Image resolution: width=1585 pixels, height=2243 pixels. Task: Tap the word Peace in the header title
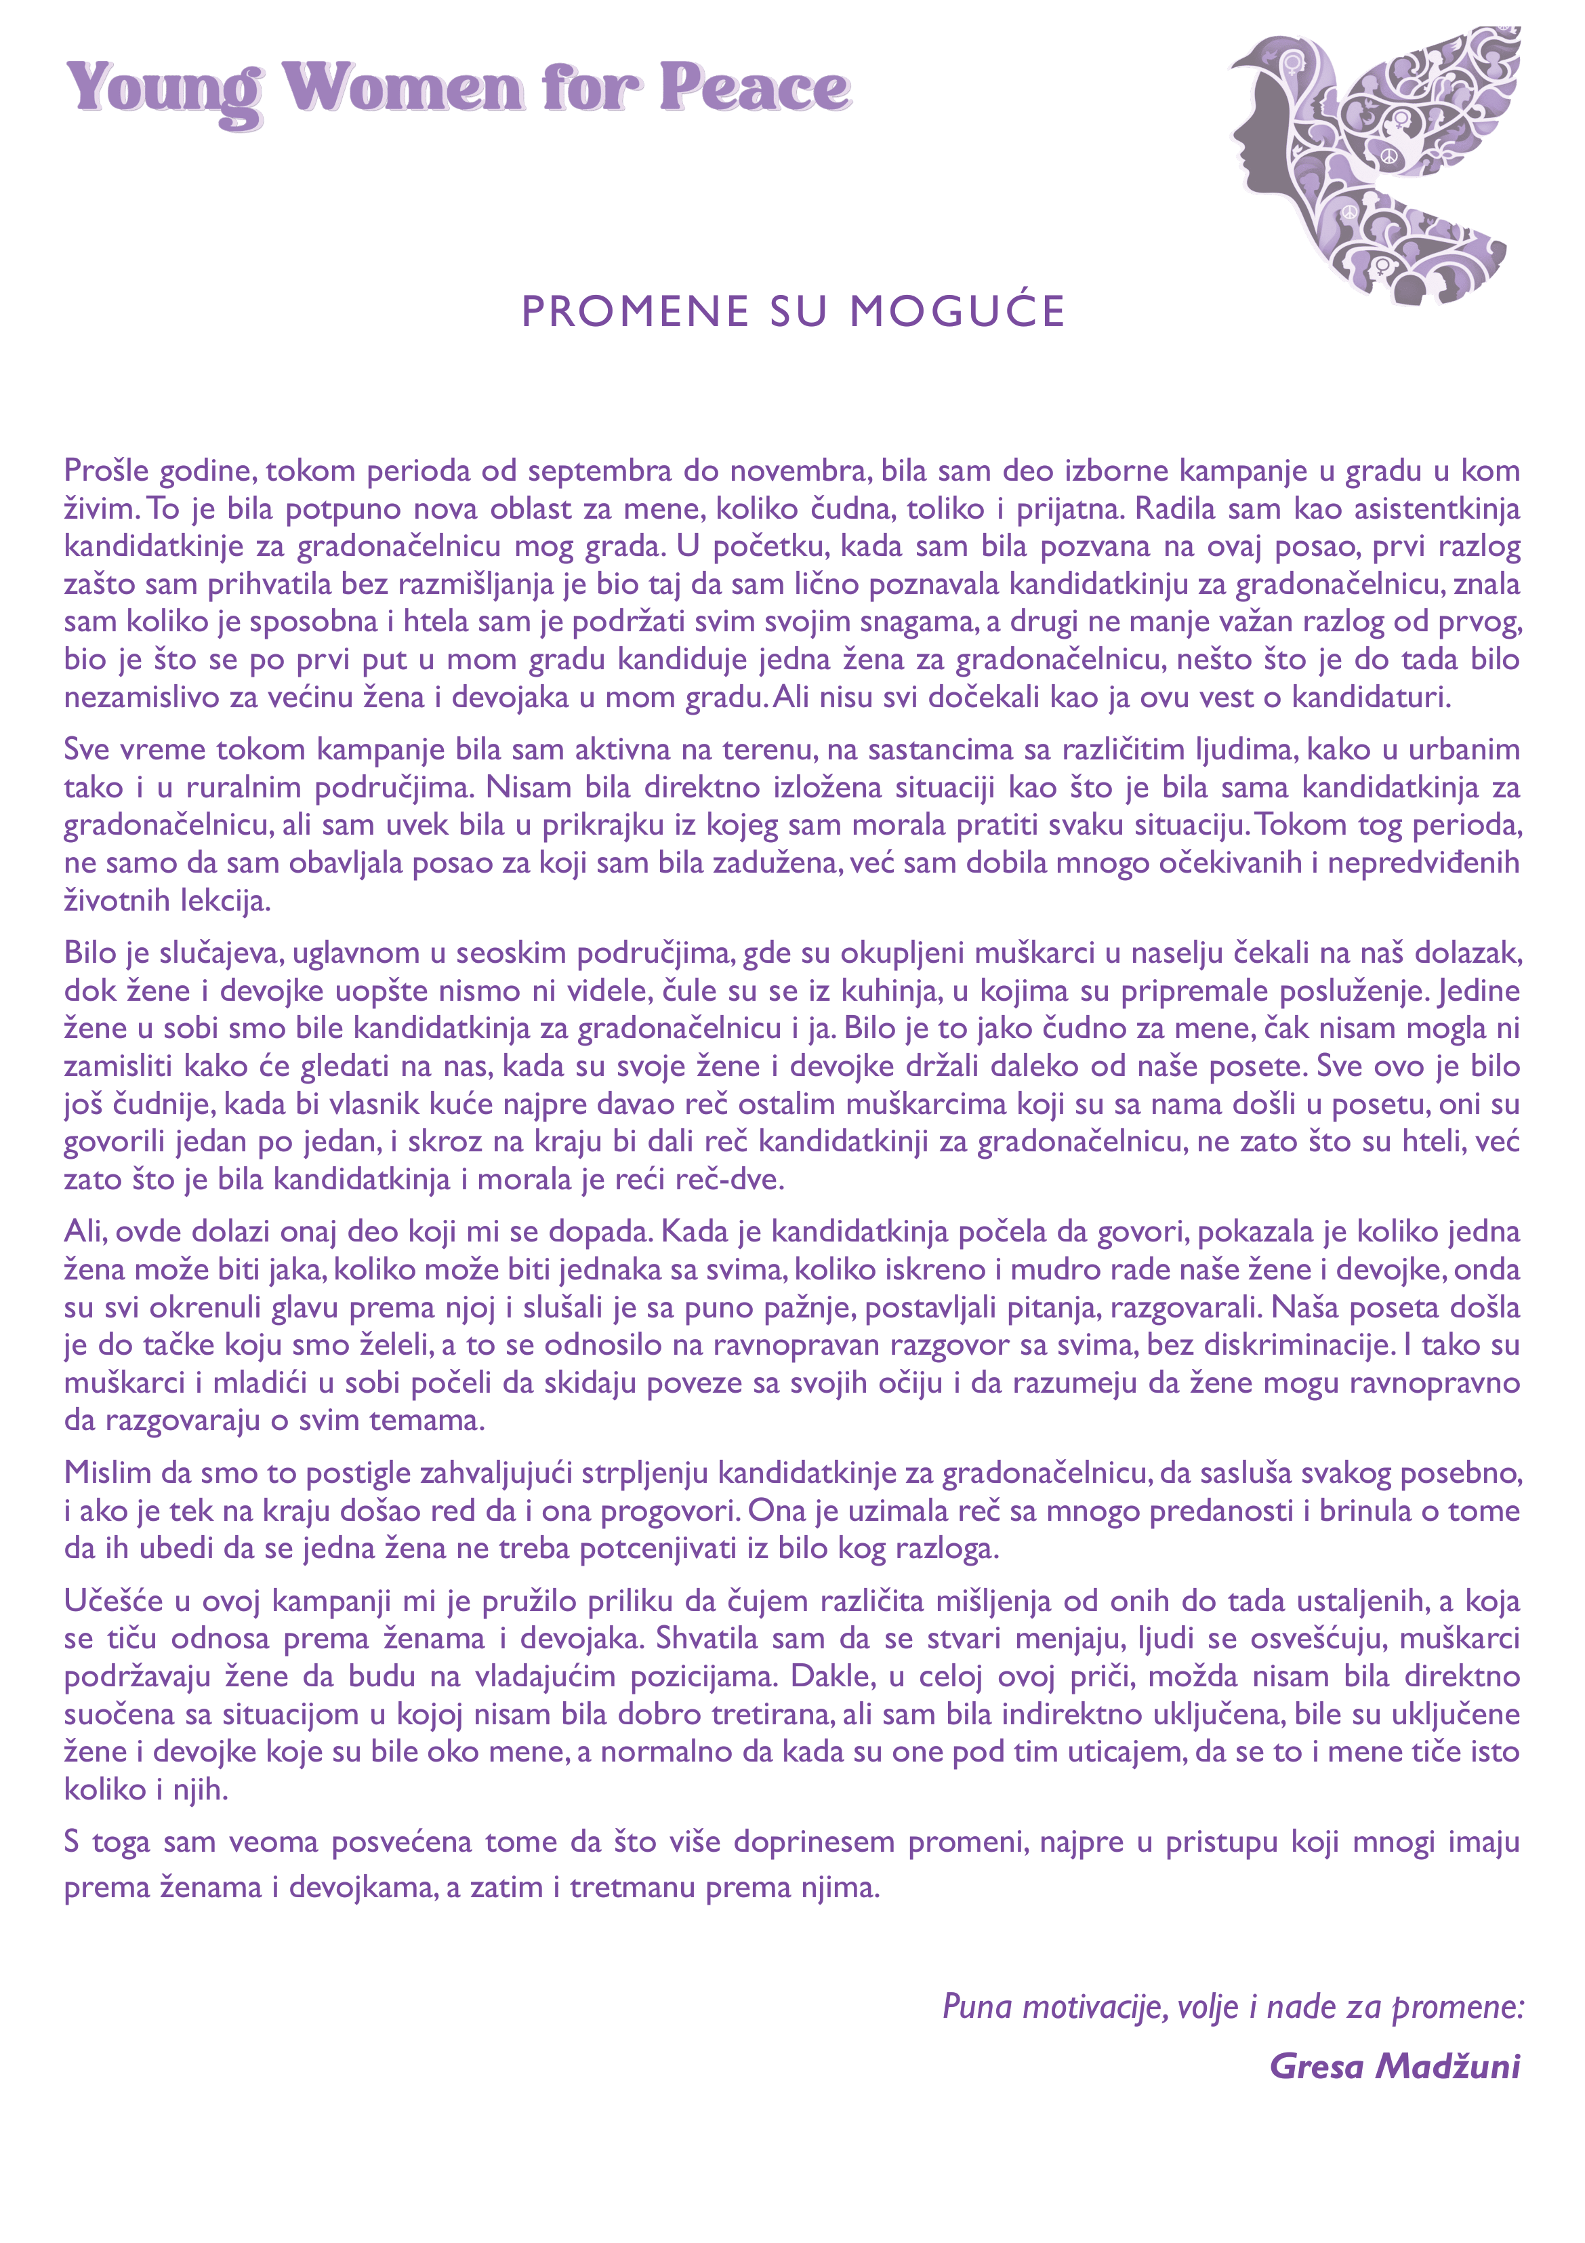tap(754, 88)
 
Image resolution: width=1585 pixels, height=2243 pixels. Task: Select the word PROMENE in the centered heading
tap(635, 312)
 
